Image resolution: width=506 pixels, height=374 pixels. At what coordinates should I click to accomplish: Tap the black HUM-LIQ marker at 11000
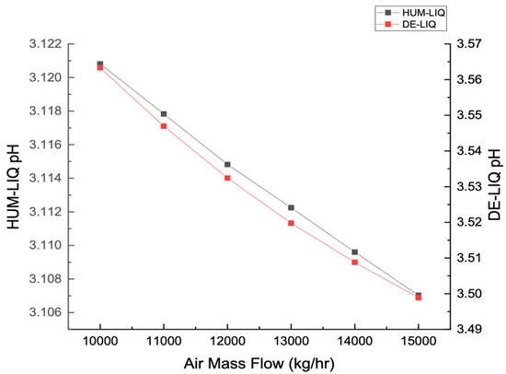[164, 114]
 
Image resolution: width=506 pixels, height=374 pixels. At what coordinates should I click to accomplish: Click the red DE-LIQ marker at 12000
[227, 177]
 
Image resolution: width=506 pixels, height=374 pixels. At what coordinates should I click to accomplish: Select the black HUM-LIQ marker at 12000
[227, 165]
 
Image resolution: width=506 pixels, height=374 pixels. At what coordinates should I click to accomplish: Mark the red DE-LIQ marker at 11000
[164, 125]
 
